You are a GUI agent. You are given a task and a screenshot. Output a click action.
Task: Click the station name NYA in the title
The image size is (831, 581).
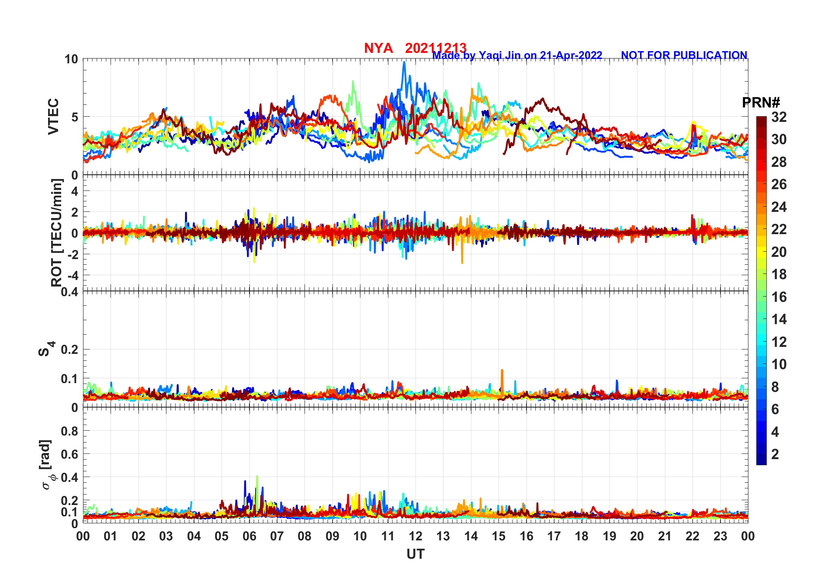pos(378,48)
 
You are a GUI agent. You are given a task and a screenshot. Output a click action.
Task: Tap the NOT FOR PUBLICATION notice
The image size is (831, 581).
pos(684,55)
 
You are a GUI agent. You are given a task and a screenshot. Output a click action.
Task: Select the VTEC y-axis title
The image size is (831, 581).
pos(53,117)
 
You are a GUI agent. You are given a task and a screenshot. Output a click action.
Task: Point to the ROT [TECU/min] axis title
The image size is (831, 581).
pos(57,232)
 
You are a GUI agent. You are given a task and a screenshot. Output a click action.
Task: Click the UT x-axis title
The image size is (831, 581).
pos(415,554)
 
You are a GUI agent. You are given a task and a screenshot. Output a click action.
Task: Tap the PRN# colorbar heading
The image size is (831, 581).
pos(761,103)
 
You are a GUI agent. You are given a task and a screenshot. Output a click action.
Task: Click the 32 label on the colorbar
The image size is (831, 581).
pos(779,117)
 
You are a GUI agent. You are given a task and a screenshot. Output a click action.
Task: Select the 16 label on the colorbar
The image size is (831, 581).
pos(779,297)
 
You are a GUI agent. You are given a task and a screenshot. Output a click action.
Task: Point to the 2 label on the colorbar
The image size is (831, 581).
pos(775,454)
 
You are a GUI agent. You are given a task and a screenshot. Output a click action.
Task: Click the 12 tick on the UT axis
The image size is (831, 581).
pos(415,536)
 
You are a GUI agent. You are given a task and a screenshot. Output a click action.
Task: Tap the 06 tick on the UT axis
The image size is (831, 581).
pos(249,536)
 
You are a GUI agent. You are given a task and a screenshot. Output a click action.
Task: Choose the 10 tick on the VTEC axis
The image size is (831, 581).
pos(71,59)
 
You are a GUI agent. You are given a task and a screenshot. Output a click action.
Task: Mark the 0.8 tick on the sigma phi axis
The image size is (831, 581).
pos(70,431)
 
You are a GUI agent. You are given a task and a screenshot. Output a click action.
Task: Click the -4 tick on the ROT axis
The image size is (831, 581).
pos(72,275)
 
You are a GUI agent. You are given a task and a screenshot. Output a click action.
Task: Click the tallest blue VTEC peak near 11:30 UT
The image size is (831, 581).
pos(404,62)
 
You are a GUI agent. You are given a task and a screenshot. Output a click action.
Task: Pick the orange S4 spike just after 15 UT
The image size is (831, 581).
pos(502,371)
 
